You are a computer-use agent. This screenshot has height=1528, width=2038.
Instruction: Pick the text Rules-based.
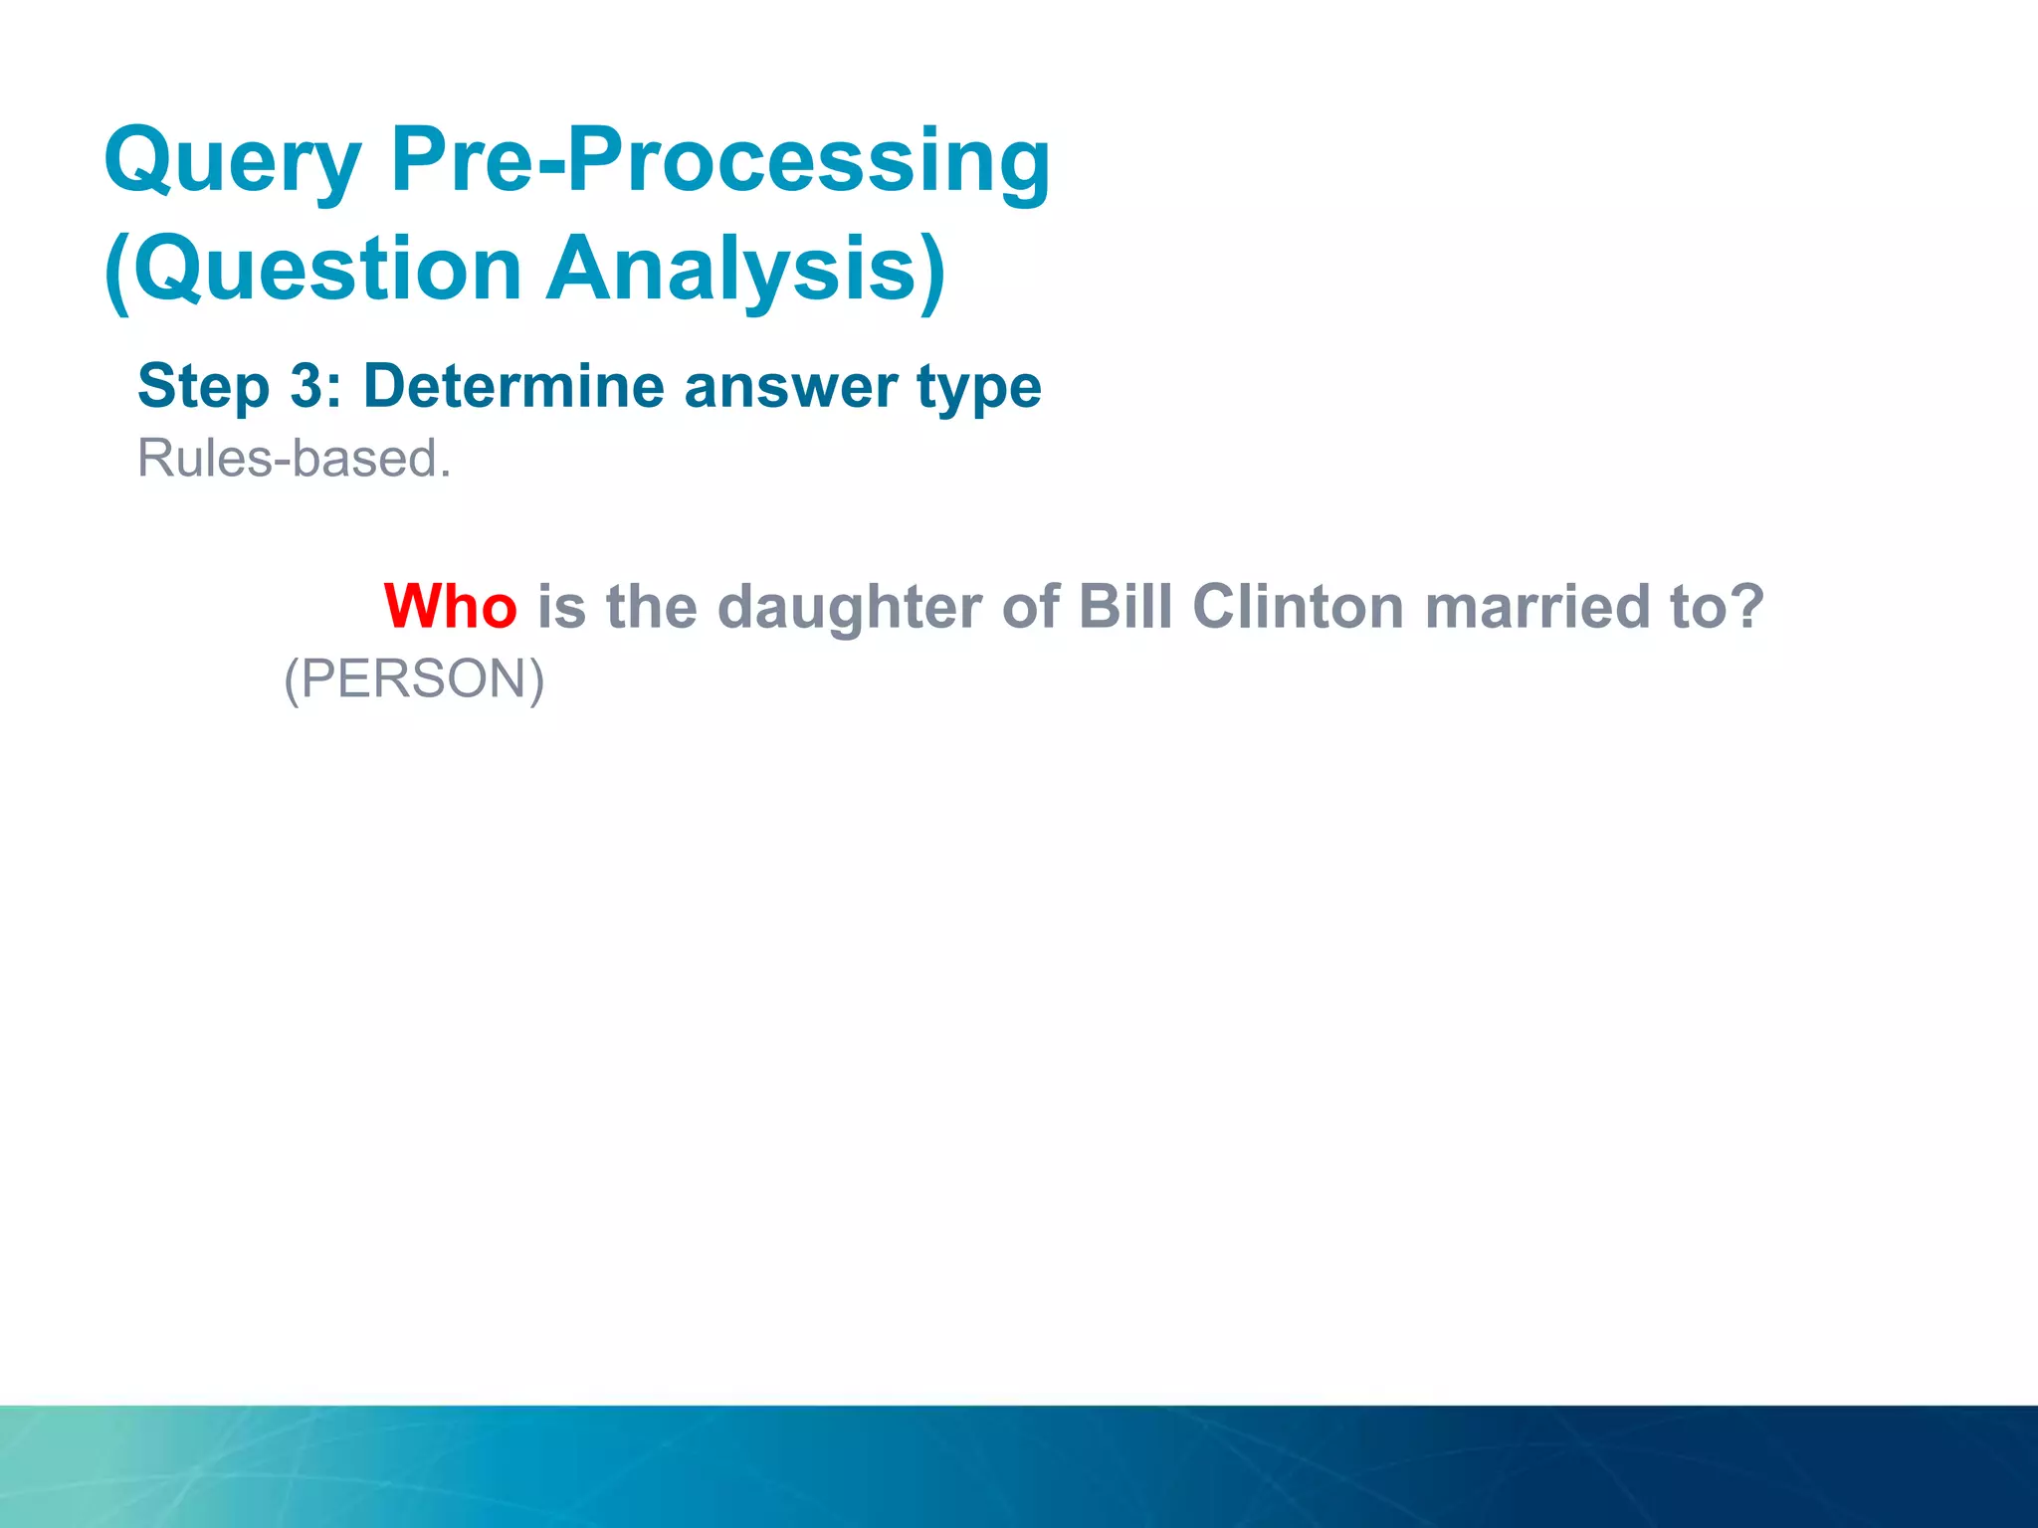[295, 459]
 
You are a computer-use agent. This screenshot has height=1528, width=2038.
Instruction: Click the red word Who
[450, 606]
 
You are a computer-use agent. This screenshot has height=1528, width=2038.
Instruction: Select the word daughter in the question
[849, 607]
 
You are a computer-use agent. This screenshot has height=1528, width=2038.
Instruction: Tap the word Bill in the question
[1124, 606]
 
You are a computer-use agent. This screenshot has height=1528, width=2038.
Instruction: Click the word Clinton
[1298, 606]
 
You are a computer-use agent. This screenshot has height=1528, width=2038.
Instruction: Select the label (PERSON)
[414, 679]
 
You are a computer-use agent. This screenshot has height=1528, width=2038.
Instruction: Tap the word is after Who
[561, 606]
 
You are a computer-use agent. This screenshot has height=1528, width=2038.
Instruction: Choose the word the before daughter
[651, 606]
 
